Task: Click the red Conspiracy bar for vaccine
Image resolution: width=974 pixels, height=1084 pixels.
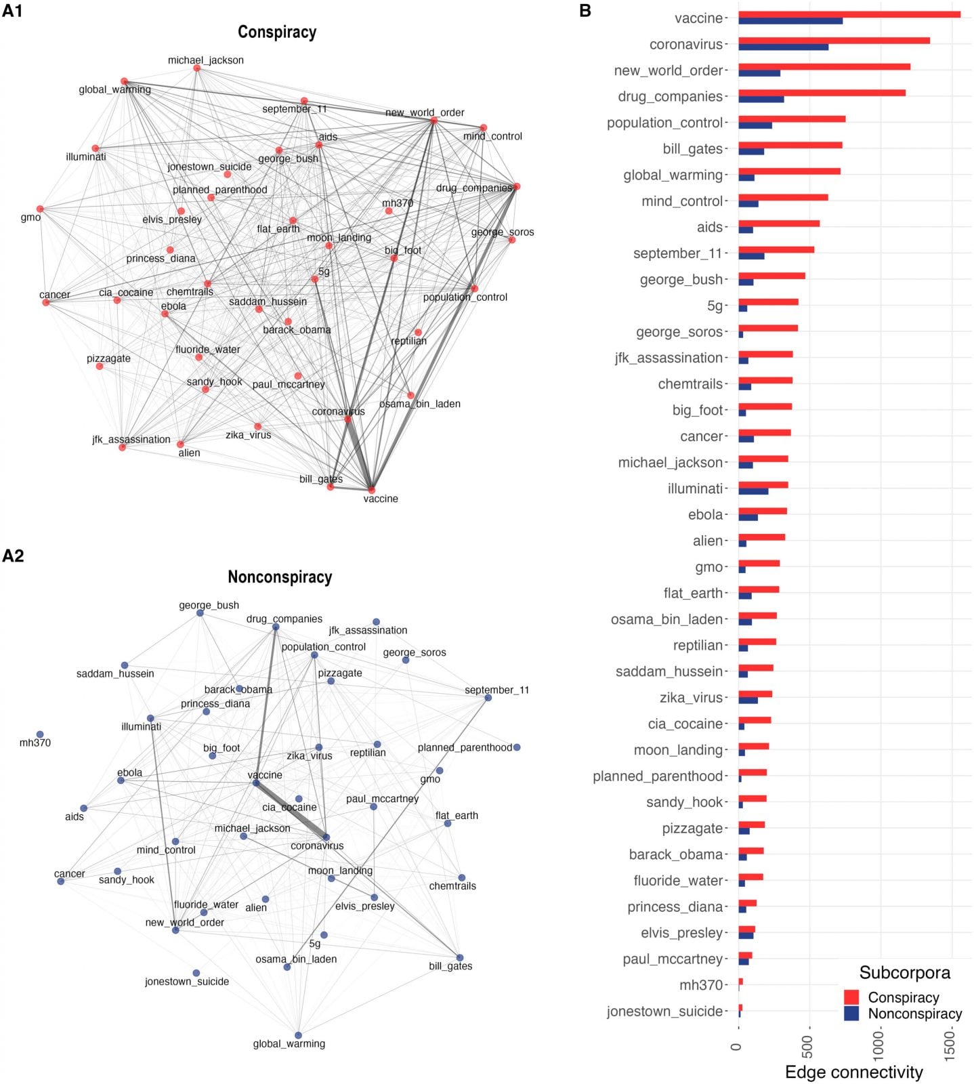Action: point(849,14)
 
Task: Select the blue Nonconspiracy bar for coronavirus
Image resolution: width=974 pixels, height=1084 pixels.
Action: point(783,47)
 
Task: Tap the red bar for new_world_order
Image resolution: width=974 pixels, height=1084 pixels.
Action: point(824,66)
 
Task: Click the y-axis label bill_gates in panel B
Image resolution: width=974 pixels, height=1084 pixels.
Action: point(692,149)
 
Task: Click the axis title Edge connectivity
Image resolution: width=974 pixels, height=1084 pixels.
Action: point(853,1072)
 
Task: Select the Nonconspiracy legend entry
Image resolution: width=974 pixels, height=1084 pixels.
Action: point(914,1014)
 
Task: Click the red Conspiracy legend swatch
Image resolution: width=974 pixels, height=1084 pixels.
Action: point(851,997)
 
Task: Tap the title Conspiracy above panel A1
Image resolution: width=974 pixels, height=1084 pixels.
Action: point(277,32)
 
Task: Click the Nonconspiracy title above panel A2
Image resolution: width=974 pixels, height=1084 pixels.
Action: point(280,577)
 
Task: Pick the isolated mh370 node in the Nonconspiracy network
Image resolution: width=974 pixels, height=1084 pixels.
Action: point(40,734)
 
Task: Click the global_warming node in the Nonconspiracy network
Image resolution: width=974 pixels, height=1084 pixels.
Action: point(298,1035)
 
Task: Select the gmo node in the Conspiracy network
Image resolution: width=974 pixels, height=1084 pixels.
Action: point(40,209)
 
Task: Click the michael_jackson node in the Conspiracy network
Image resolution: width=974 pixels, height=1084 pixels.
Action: point(197,68)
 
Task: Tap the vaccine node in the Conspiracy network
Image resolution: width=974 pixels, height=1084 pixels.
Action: point(371,489)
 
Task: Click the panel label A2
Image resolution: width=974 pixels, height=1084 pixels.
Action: point(13,556)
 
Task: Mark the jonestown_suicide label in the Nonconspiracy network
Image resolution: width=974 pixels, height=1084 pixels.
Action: point(187,981)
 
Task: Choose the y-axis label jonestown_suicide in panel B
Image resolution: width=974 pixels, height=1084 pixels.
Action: point(664,1012)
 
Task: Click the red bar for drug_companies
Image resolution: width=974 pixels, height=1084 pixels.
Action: point(822,93)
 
